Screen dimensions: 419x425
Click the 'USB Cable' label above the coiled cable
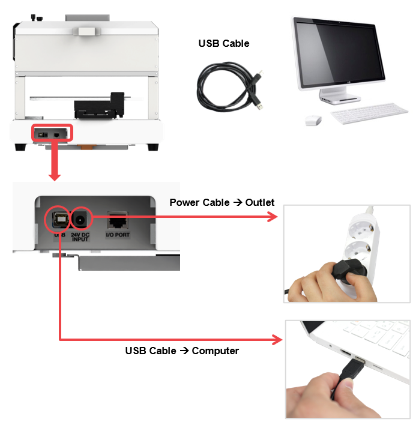point(223,43)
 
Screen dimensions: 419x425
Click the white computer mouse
point(313,120)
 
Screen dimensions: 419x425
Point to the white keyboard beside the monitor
point(369,113)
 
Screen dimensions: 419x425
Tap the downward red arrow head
point(55,176)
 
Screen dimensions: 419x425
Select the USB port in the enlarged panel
point(60,219)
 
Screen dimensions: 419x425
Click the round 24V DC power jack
point(80,220)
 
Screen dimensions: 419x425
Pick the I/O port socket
point(118,221)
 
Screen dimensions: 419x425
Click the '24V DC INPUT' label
point(80,237)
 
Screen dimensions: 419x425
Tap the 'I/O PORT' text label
point(118,235)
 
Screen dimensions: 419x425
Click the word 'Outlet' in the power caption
point(260,202)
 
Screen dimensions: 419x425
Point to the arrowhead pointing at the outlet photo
point(273,217)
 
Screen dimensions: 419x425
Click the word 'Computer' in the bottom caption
point(216,351)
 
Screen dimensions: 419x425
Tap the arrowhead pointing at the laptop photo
point(277,340)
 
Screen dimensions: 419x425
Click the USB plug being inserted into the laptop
point(352,370)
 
